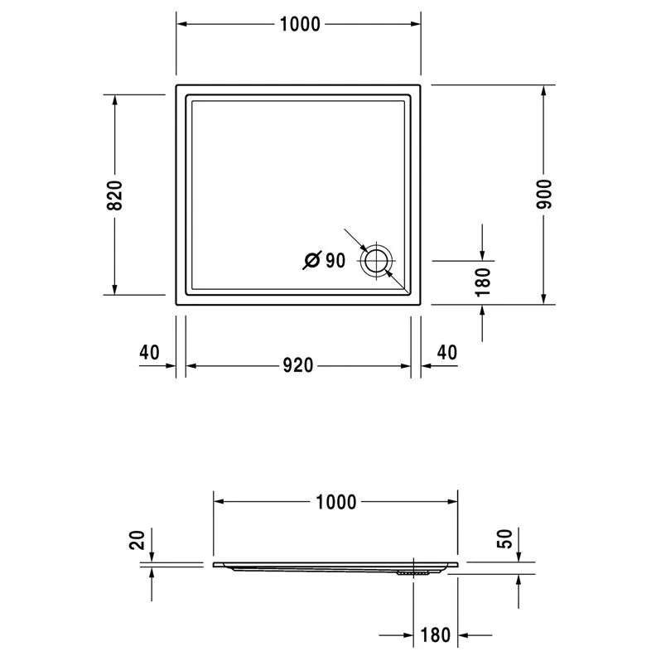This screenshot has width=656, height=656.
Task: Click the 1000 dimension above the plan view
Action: (300, 24)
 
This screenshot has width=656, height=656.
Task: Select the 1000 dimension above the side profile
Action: (335, 502)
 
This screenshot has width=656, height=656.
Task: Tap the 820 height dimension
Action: (114, 195)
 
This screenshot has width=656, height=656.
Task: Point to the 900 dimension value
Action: (544, 194)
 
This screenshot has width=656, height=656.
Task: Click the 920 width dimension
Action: (298, 365)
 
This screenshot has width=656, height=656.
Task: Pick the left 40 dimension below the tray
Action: (149, 353)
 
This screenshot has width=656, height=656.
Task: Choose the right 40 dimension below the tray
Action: (447, 353)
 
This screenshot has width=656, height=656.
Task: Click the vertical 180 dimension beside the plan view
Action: (483, 282)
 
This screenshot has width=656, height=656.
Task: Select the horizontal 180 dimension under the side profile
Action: (436, 635)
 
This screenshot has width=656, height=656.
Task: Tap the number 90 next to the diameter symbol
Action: (335, 261)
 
